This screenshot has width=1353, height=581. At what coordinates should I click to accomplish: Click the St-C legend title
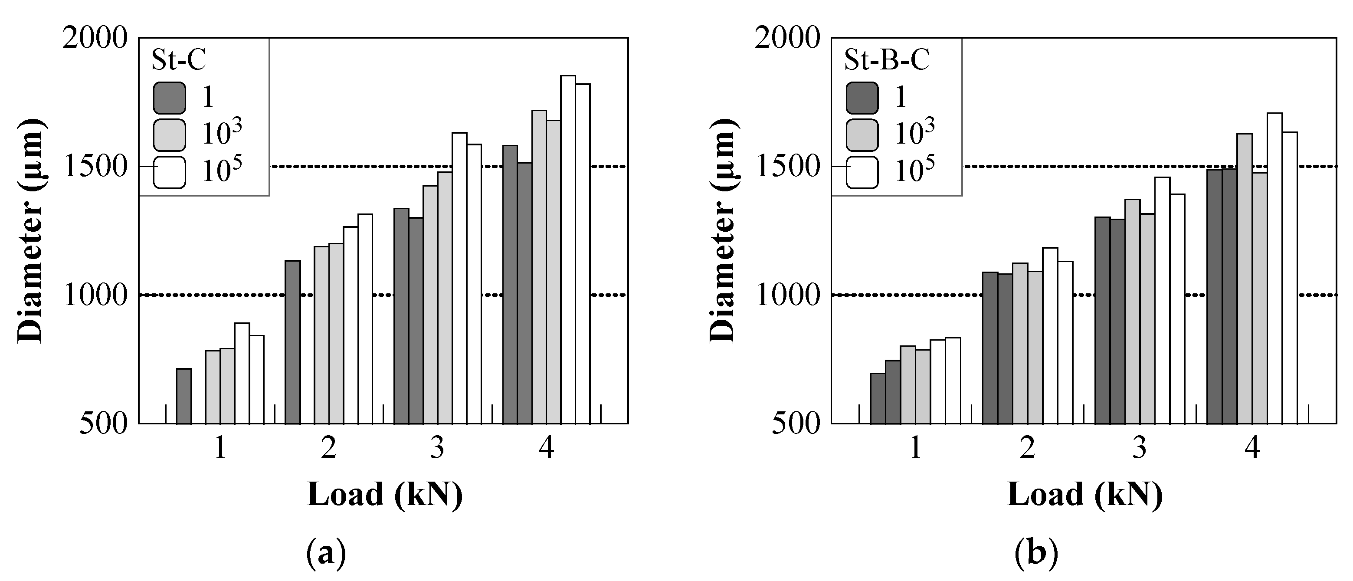click(x=179, y=60)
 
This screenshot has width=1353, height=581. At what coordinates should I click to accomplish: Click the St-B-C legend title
click(x=887, y=60)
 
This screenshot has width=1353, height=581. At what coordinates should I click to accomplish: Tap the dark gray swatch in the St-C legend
click(x=169, y=98)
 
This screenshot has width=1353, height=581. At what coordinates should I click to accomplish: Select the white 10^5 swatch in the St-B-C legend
click(x=862, y=172)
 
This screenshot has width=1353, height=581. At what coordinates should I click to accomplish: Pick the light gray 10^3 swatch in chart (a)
click(x=169, y=135)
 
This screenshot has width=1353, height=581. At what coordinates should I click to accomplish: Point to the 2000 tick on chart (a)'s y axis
click(x=95, y=39)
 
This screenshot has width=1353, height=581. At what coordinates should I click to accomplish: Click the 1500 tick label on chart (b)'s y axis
click(x=787, y=167)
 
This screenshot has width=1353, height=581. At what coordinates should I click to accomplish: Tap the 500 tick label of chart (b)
click(x=795, y=424)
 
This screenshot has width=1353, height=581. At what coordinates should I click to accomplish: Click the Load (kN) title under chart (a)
click(x=384, y=495)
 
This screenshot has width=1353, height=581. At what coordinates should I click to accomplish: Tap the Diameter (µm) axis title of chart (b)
click(x=723, y=231)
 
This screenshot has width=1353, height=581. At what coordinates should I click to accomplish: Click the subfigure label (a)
click(x=326, y=553)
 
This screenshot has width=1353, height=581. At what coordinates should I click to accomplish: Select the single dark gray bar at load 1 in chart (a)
click(x=184, y=396)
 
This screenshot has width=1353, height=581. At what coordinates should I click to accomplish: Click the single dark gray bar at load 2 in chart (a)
click(x=292, y=341)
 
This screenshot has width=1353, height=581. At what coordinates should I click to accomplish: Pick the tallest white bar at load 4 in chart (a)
click(x=568, y=249)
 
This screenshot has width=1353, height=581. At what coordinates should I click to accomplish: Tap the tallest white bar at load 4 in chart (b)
click(x=1274, y=268)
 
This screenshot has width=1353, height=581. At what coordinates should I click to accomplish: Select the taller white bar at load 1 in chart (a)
click(x=242, y=373)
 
